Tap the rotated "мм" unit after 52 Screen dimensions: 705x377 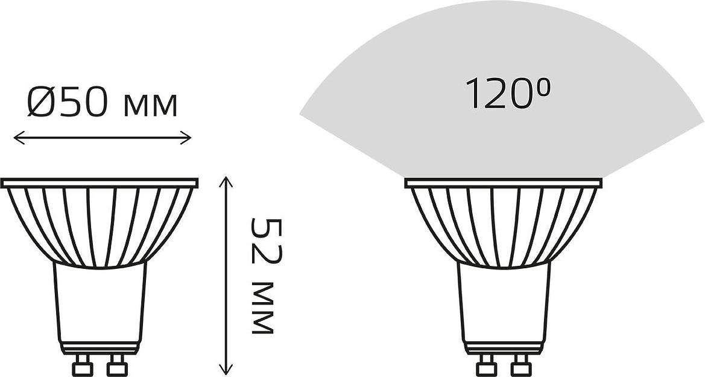coord(262,309)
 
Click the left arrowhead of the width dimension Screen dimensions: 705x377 coord(19,138)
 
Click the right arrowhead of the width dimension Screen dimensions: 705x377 coord(186,138)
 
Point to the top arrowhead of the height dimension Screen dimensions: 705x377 coord(226,182)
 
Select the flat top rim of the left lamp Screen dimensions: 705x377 coord(100,182)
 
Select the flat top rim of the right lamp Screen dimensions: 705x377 coord(504,182)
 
